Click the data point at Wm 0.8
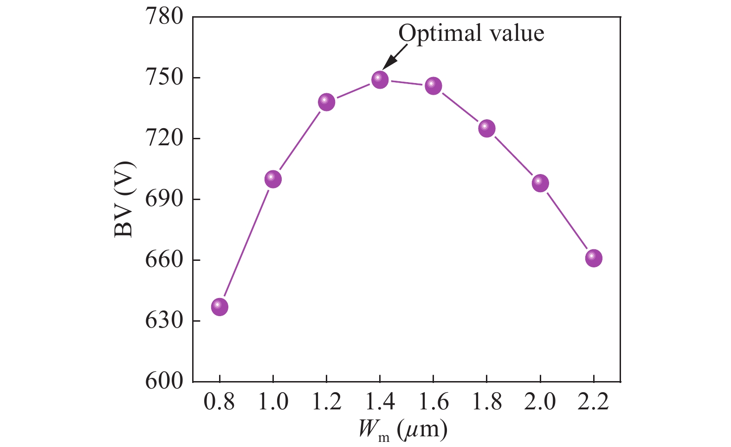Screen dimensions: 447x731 [x=220, y=307]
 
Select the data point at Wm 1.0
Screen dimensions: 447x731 [x=273, y=179]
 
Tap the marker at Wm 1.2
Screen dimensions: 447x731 [x=326, y=102]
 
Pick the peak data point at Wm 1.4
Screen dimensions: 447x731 [x=380, y=79]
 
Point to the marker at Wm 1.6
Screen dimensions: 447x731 [x=433, y=85]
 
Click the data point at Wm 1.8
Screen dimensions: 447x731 [x=486, y=128]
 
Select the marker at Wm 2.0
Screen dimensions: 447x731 [x=540, y=183]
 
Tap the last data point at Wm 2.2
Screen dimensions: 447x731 [x=594, y=258]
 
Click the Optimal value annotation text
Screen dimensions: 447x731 [x=471, y=33]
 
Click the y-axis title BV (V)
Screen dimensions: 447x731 [x=124, y=199]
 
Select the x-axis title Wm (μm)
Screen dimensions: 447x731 [x=402, y=430]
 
